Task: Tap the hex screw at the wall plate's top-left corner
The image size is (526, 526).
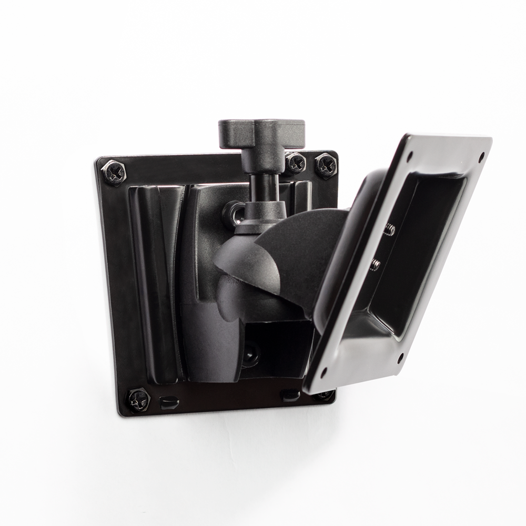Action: click(x=113, y=171)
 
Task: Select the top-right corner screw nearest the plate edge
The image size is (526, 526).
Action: click(x=326, y=165)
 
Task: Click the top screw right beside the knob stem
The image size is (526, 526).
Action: click(x=295, y=163)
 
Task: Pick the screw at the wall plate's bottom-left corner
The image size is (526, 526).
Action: click(x=138, y=400)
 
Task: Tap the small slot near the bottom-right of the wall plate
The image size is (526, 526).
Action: click(x=291, y=394)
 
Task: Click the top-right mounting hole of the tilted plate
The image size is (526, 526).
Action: click(x=481, y=155)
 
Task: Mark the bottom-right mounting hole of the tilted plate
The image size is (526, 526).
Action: click(x=400, y=359)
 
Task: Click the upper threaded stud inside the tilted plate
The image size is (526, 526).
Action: click(x=390, y=228)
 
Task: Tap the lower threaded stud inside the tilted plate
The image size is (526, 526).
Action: click(x=375, y=264)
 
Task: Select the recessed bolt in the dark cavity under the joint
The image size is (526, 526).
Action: click(x=250, y=353)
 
